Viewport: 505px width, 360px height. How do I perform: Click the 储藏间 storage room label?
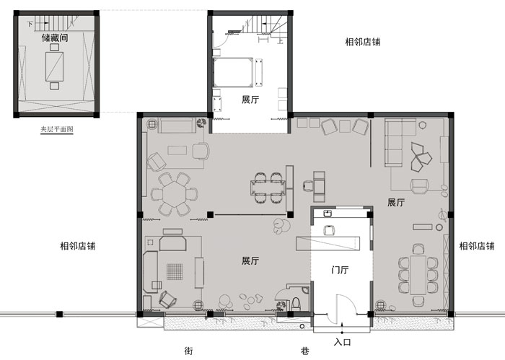(55, 38)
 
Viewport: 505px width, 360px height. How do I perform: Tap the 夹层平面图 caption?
(57, 129)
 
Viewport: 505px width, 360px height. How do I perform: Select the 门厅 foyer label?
(340, 270)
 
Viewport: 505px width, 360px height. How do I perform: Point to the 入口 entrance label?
(342, 342)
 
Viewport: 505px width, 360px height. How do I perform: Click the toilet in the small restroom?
(296, 304)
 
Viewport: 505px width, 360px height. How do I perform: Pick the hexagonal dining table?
(175, 194)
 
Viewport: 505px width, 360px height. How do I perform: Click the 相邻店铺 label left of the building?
(78, 246)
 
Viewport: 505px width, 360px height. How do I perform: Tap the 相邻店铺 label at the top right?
(363, 42)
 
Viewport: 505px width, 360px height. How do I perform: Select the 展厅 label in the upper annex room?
(250, 100)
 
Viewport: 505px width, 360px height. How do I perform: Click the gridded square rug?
(175, 272)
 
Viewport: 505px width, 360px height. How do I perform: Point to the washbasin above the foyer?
(328, 213)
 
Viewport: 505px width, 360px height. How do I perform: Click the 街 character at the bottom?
(189, 351)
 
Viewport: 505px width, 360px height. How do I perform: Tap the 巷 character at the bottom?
(305, 351)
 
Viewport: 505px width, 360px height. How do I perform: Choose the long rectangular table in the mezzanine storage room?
(54, 66)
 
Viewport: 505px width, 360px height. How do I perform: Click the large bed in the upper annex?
(232, 72)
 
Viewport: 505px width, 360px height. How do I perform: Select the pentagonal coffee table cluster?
(421, 157)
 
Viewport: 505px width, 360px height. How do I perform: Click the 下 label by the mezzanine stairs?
(30, 24)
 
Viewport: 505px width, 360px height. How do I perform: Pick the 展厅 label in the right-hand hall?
(396, 203)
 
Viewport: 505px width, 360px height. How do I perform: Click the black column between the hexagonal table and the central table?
(210, 214)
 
